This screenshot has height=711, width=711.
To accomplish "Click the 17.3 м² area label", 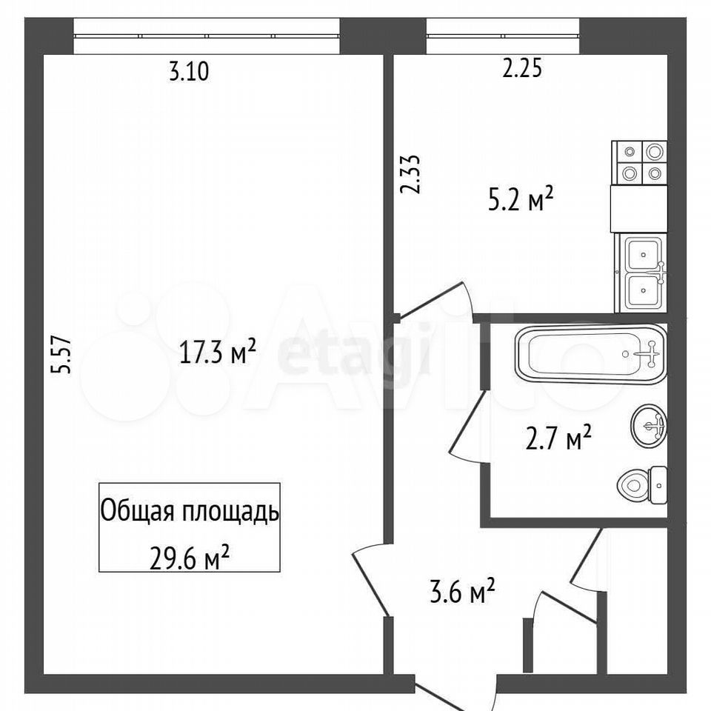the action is (218, 351).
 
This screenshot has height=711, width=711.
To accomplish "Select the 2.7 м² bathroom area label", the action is (558, 437).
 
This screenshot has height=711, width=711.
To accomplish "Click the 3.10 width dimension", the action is (189, 72).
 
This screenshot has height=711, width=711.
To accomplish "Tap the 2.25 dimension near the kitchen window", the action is (522, 70).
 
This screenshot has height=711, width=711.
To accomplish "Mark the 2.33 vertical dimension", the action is (410, 175).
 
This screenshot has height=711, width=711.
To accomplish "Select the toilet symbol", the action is (641, 484).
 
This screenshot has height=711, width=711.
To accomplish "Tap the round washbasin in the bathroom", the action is (649, 425).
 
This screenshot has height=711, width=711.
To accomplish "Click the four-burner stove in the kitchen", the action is (639, 162).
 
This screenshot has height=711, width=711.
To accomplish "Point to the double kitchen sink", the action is (641, 273).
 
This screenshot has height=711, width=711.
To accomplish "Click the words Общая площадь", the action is (190, 512).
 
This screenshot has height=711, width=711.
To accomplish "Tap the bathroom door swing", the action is (468, 427).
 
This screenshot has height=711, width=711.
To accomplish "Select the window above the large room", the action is (207, 36).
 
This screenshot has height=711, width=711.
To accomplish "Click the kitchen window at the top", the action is (503, 36).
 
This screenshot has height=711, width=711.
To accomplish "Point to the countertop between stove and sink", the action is (639, 209).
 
